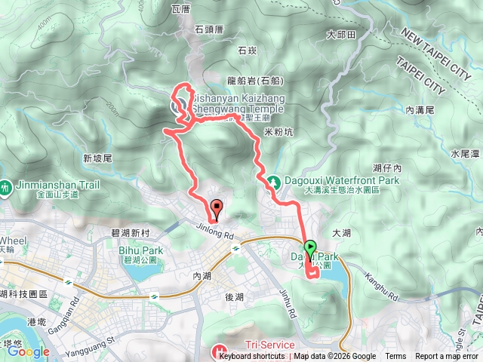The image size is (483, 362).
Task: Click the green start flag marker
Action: (310, 247)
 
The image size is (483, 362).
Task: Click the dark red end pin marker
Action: (217, 209)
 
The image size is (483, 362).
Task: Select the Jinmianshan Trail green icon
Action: (5, 185)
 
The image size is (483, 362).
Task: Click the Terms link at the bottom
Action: (395, 357)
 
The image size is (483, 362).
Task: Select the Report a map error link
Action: (448, 357)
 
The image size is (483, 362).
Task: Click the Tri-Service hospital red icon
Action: (220, 351)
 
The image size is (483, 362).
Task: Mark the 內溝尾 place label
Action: (420, 110)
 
